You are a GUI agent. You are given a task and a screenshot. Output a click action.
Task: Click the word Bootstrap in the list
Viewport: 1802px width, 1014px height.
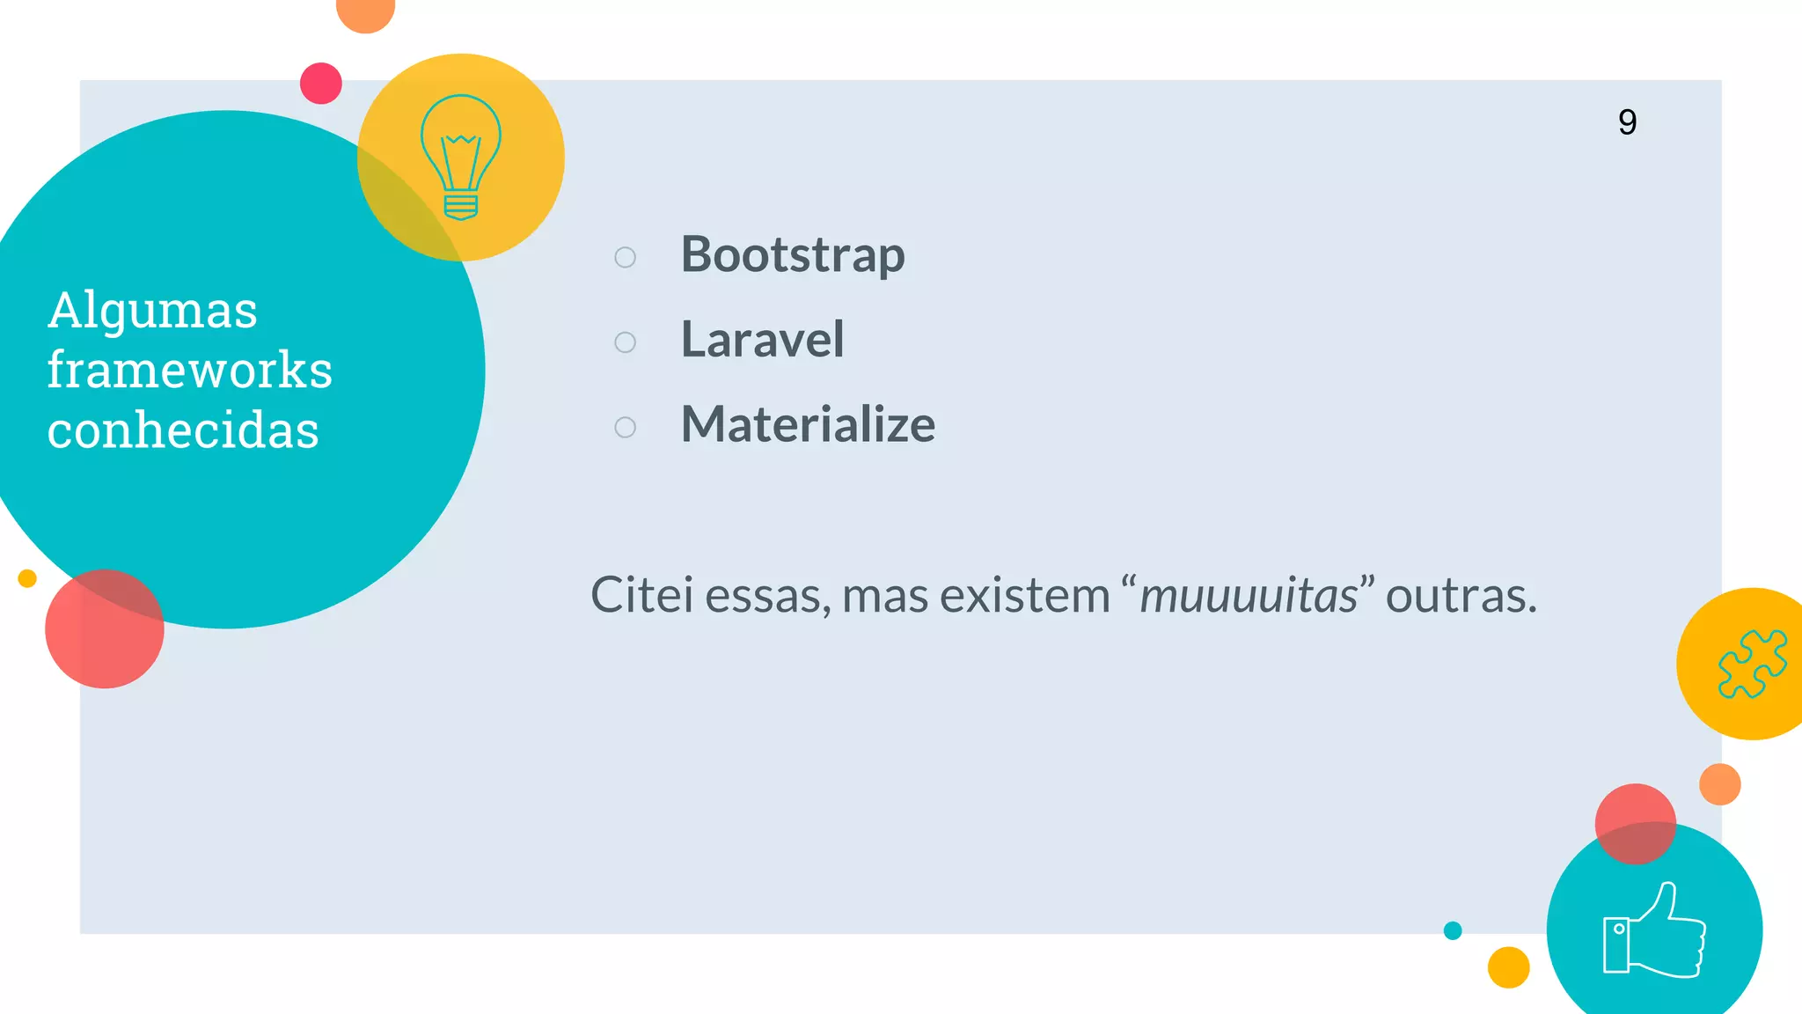click(x=793, y=255)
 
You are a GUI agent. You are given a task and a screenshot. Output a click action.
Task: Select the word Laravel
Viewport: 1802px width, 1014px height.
click(x=762, y=340)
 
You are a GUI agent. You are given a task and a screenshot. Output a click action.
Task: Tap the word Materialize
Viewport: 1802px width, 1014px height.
click(x=808, y=424)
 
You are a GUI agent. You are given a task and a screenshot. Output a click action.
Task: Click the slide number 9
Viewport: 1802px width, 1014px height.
click(x=1627, y=122)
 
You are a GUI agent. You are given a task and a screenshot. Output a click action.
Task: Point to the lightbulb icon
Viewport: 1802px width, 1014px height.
click(x=461, y=157)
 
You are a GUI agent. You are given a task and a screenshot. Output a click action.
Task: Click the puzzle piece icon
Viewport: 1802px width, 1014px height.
click(x=1752, y=664)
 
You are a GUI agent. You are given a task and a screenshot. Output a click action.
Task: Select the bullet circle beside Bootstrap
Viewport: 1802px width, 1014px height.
click(x=625, y=257)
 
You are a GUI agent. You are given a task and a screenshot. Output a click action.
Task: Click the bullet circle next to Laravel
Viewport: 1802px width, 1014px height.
click(x=625, y=342)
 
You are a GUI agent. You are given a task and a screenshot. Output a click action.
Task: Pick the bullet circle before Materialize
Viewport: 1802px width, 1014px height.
click(x=625, y=428)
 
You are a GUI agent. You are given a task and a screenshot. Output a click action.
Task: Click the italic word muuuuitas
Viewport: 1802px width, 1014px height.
click(x=1249, y=596)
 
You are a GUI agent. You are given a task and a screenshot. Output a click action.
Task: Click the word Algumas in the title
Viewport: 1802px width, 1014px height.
click(x=152, y=311)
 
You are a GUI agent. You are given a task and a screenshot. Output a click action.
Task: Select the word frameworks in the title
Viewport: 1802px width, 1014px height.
click(x=189, y=370)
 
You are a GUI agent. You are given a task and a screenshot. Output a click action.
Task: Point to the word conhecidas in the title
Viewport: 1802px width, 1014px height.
click(x=183, y=430)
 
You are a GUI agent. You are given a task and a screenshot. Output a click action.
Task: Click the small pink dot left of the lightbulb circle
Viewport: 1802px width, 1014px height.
click(x=321, y=84)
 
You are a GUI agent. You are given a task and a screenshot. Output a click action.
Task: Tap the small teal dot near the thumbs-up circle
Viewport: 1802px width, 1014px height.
click(x=1453, y=930)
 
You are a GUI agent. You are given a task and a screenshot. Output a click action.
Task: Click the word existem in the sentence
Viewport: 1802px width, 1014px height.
click(x=1026, y=596)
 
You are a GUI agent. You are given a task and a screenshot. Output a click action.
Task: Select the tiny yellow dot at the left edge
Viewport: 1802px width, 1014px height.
click(x=27, y=578)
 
